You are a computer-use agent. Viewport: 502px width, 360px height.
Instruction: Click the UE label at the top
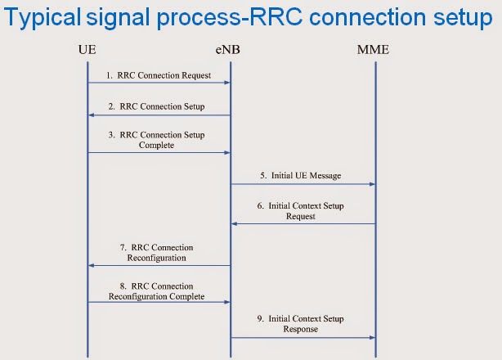pyautogui.click(x=87, y=52)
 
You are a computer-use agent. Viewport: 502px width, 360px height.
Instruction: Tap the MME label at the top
pyautogui.click(x=374, y=52)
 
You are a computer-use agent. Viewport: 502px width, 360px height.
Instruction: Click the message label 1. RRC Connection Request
pyautogui.click(x=159, y=75)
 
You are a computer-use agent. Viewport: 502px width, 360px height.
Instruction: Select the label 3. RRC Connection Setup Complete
pyautogui.click(x=156, y=140)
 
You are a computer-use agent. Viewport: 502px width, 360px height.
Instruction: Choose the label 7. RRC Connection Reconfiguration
pyautogui.click(x=158, y=252)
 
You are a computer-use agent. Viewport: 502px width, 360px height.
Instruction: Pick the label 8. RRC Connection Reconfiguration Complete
pyautogui.click(x=157, y=290)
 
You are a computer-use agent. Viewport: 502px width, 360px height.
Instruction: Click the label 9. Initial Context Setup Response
pyautogui.click(x=301, y=324)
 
